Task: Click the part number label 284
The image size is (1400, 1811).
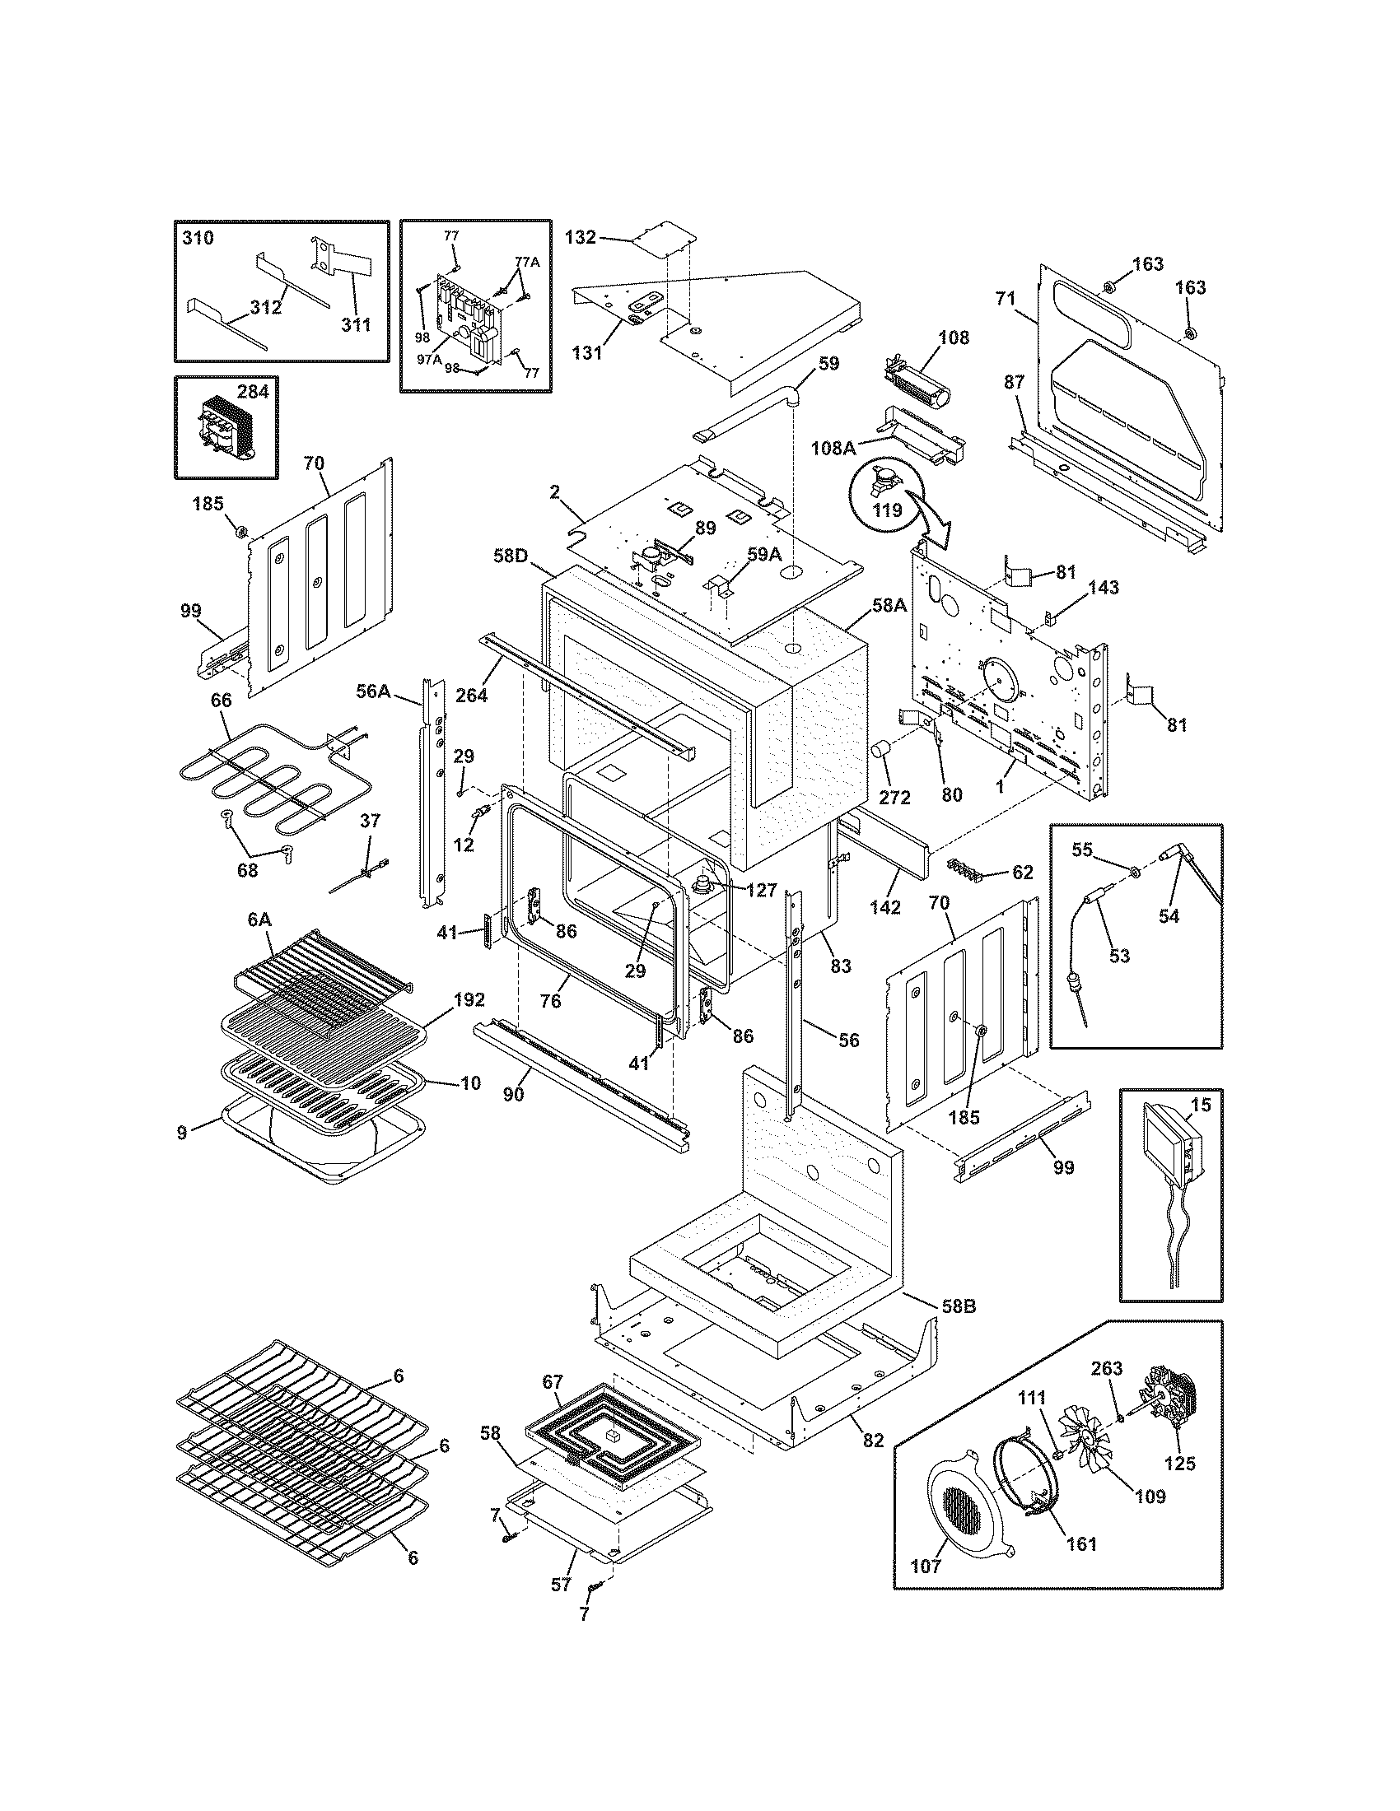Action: pos(253,391)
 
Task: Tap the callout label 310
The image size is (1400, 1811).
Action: pos(198,238)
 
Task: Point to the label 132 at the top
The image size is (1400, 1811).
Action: pos(581,237)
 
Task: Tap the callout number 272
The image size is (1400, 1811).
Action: pos(895,798)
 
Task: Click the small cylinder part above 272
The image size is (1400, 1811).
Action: pos(880,752)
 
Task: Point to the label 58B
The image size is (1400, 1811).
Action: pos(958,1308)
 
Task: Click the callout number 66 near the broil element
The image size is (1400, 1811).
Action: pos(222,701)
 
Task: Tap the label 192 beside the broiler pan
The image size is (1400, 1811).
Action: pos(469,1000)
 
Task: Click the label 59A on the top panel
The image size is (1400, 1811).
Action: pos(764,555)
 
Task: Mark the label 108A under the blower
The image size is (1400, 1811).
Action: pos(838,449)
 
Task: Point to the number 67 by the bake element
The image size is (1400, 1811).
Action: pos(553,1382)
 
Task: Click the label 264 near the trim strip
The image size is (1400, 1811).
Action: pos(471,695)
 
